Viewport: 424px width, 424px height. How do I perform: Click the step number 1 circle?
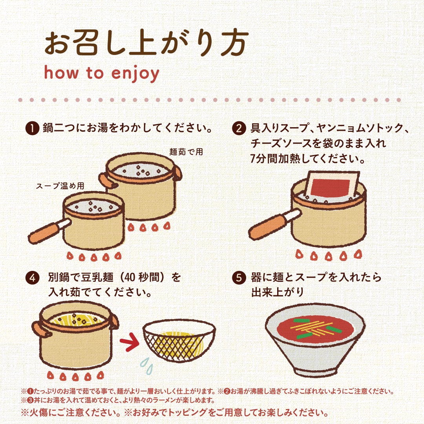(x=33, y=128)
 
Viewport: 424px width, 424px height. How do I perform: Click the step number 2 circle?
(x=239, y=128)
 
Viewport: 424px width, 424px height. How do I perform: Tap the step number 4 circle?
(x=33, y=278)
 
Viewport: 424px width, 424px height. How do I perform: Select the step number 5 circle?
(x=239, y=278)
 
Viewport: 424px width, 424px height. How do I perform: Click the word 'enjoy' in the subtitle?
(x=135, y=73)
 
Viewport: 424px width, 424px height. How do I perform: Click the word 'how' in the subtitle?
(x=61, y=73)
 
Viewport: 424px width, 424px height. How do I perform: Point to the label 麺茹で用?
(x=186, y=152)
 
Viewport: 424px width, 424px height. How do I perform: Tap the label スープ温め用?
(x=60, y=186)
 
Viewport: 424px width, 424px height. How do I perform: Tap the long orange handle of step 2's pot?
(x=268, y=225)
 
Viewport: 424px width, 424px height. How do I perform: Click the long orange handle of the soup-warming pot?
(x=46, y=232)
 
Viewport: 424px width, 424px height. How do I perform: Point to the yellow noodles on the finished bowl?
(x=311, y=327)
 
